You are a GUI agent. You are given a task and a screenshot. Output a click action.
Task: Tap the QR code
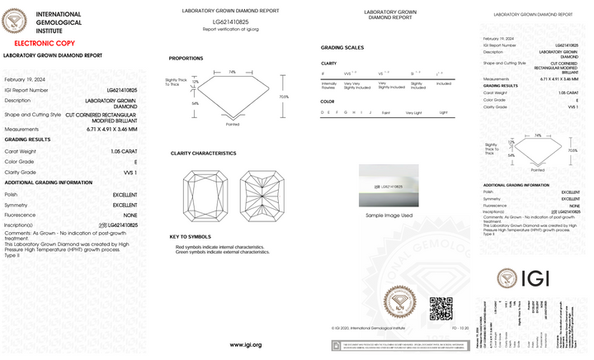coord(441,308)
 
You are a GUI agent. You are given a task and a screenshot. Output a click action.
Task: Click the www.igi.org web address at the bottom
coord(245,344)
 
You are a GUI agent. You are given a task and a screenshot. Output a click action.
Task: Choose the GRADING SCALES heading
coord(342,48)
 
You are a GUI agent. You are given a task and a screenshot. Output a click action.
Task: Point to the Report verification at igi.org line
coord(231,29)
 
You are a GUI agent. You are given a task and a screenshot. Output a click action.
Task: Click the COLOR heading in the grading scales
coord(328,101)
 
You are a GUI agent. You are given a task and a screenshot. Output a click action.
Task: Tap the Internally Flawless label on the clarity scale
coord(328,85)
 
